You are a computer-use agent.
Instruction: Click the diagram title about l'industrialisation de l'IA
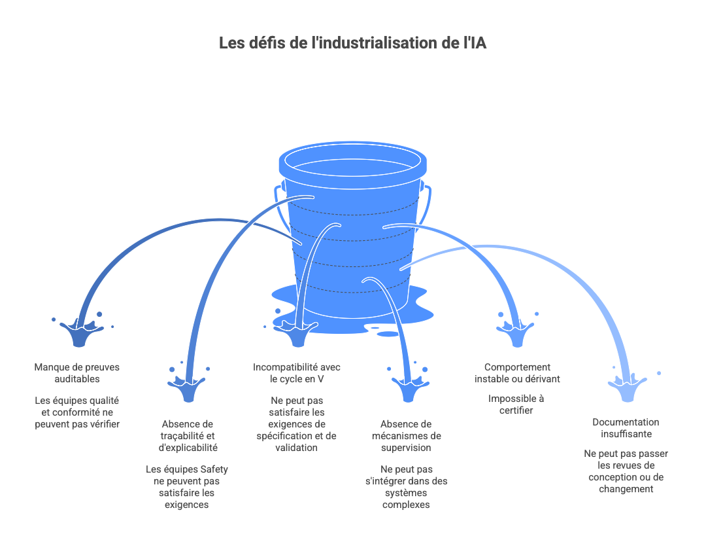[352, 44]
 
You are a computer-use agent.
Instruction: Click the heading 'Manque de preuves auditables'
[77, 372]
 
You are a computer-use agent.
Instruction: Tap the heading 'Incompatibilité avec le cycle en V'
[297, 372]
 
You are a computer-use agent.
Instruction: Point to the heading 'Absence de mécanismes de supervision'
[406, 436]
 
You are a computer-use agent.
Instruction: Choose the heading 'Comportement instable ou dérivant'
[517, 372]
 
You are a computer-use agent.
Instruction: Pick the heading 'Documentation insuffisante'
[626, 428]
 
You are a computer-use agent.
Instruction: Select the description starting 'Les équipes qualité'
[77, 412]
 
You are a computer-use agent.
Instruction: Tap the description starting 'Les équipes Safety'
[187, 487]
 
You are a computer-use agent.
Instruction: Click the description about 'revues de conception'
[626, 471]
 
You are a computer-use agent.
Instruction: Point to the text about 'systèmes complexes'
[406, 486]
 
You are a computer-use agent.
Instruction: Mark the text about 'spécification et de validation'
[297, 424]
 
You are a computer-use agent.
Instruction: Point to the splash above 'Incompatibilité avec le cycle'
[297, 334]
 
